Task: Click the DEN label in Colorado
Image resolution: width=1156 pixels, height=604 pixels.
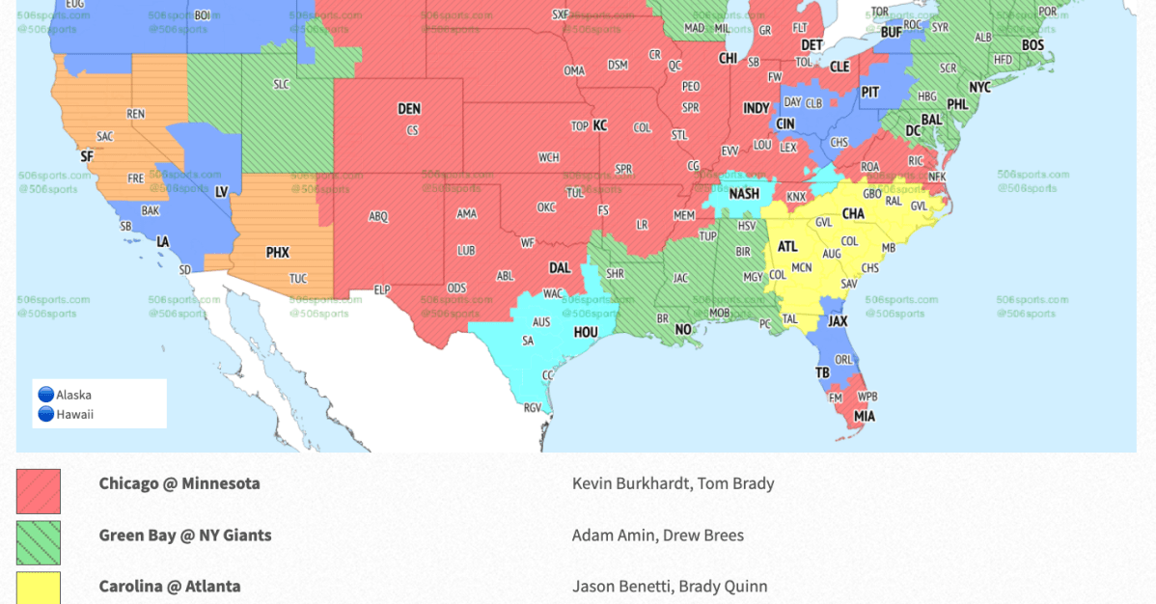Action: (x=409, y=109)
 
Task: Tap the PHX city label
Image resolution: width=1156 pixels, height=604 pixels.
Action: (x=277, y=253)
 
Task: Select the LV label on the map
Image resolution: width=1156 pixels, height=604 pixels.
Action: (x=221, y=193)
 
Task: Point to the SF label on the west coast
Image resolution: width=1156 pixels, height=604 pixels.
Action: (x=87, y=156)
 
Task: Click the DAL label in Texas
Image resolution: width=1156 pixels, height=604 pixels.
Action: (x=559, y=268)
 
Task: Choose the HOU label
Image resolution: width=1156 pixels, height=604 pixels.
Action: (x=586, y=333)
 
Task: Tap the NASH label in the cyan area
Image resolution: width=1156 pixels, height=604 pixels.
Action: (x=744, y=194)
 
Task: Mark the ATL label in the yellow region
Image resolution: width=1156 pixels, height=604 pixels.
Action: (x=787, y=247)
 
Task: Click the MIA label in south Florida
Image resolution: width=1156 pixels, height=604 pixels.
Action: (x=864, y=417)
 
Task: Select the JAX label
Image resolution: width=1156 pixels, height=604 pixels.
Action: (x=838, y=321)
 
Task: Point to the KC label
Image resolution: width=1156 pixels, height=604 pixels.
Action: (x=599, y=125)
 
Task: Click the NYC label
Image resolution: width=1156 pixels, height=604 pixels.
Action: (x=979, y=88)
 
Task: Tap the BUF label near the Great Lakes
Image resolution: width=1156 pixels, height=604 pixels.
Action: (x=891, y=33)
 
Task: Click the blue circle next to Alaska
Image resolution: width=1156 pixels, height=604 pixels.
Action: (x=45, y=395)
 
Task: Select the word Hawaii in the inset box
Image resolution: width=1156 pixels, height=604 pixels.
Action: (x=74, y=415)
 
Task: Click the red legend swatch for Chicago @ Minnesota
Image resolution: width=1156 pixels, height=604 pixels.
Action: (x=39, y=491)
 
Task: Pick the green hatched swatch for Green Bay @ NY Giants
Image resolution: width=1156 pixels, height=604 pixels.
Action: (x=39, y=542)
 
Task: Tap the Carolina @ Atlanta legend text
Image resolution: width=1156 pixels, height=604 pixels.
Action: (x=169, y=586)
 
